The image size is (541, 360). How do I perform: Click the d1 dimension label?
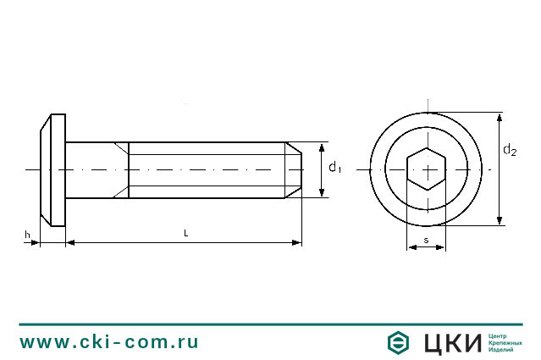[x=334, y=168]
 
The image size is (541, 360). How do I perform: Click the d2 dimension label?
[x=510, y=150]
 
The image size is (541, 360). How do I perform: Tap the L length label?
[x=186, y=233]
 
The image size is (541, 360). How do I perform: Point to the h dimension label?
[x=27, y=235]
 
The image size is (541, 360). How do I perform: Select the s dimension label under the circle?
[x=426, y=240]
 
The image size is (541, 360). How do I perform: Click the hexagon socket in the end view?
[x=427, y=169]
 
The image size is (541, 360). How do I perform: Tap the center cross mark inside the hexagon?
[x=428, y=170]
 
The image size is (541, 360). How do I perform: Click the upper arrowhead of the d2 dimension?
[x=500, y=118]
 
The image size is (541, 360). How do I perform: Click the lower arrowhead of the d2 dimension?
[x=500, y=220]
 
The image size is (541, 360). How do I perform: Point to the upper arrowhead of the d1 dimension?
[x=322, y=147]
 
